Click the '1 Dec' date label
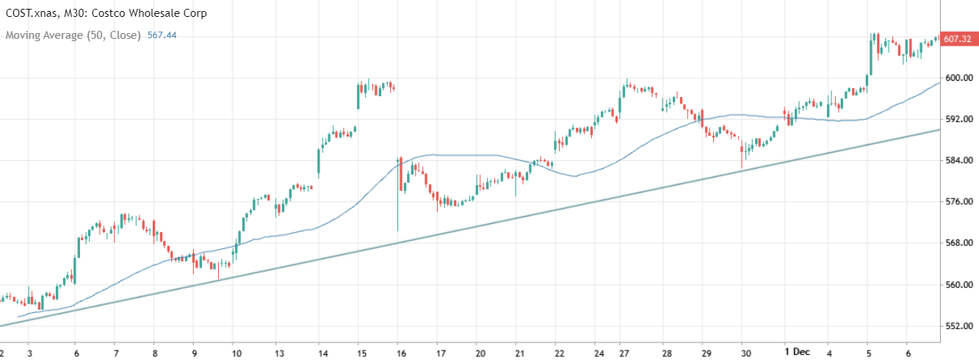click(x=796, y=351)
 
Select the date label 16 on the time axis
click(x=397, y=352)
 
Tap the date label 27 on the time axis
click(x=623, y=352)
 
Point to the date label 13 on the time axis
click(x=279, y=352)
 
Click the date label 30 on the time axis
click(x=745, y=352)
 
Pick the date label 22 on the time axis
click(x=560, y=352)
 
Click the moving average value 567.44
click(x=162, y=35)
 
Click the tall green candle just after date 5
click(x=871, y=54)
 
